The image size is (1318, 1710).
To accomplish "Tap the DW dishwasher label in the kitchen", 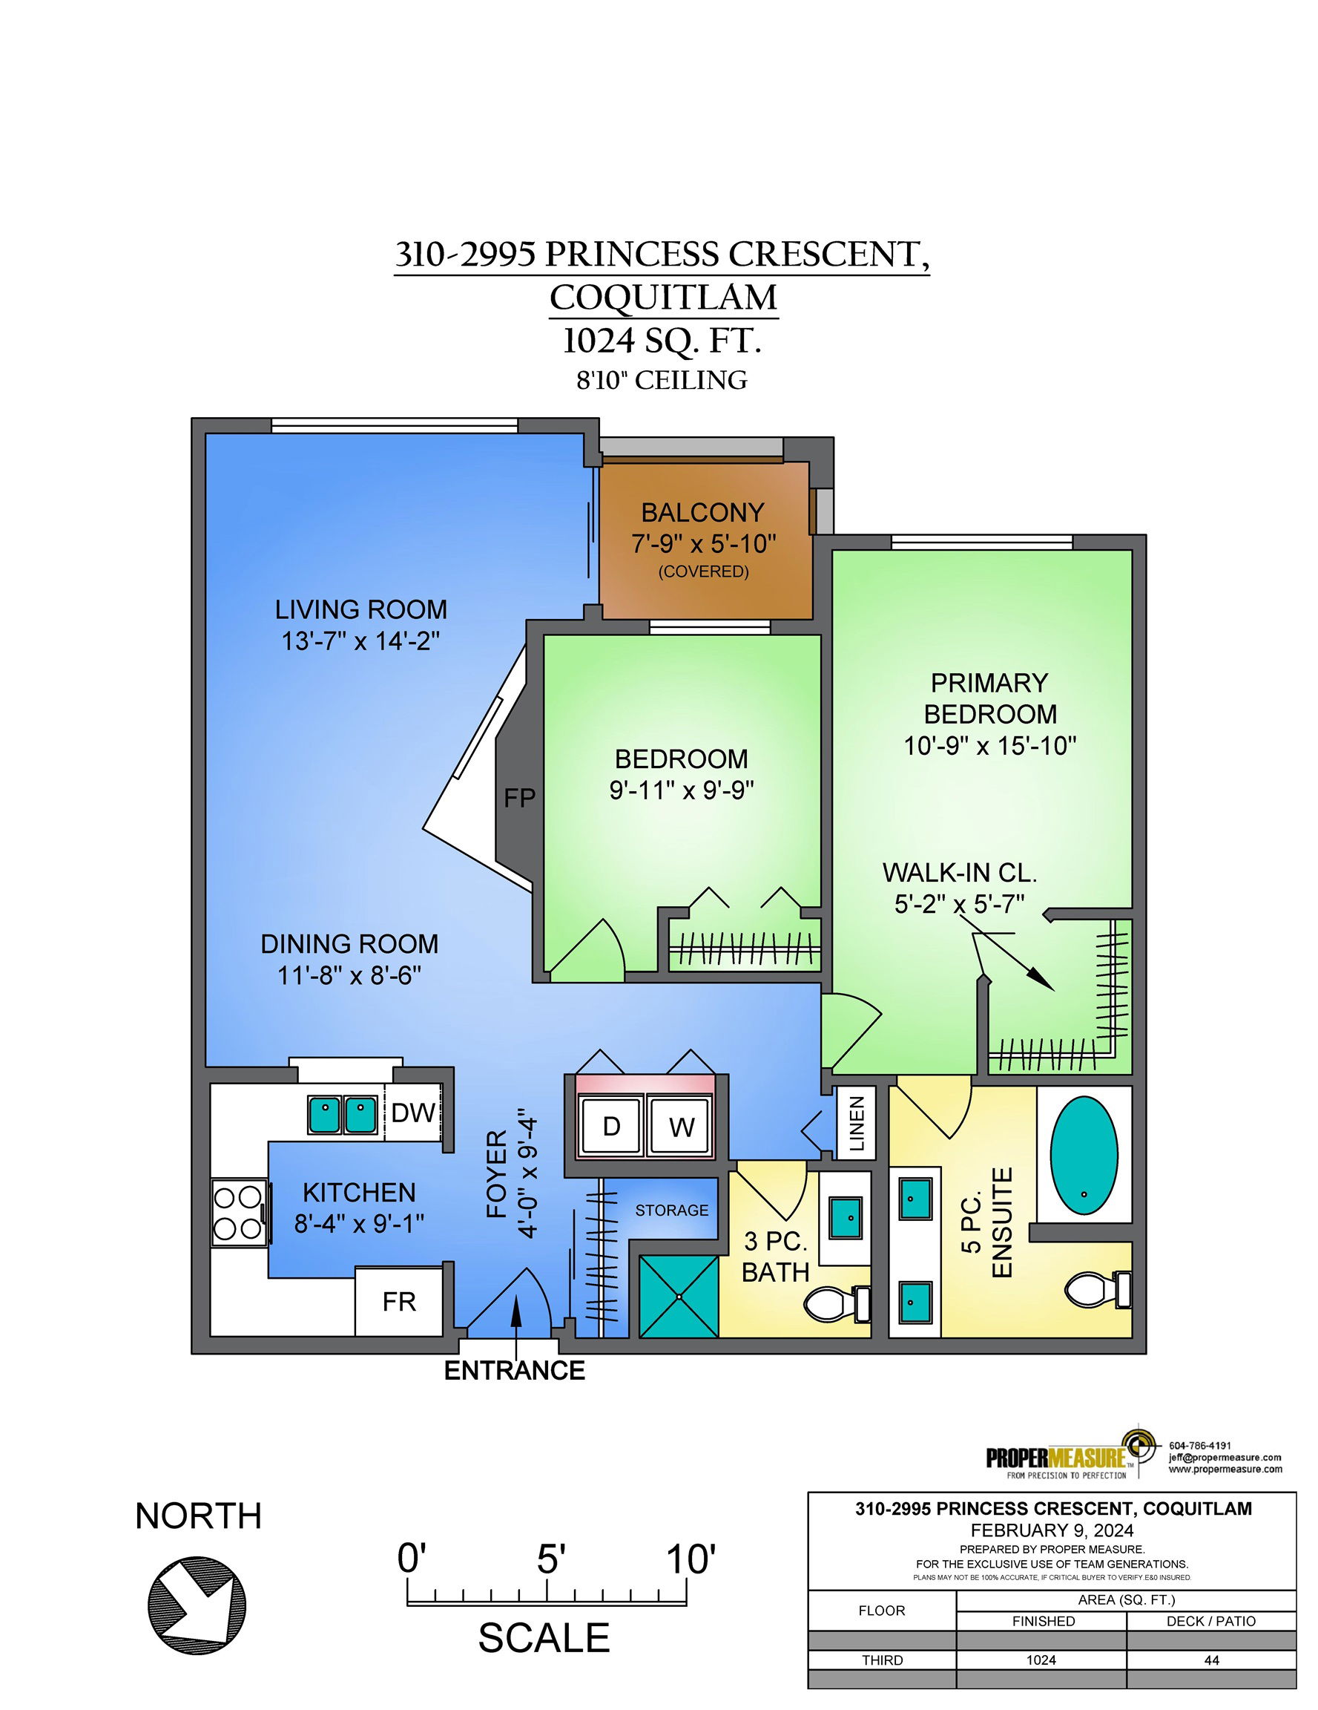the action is (412, 1113).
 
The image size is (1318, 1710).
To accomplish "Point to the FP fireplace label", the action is (520, 798).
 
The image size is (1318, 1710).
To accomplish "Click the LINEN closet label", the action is (857, 1124).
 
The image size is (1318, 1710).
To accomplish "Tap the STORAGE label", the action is (671, 1210).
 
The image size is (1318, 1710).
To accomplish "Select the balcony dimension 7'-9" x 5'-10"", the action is (704, 543).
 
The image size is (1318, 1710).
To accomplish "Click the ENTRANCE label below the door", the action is (514, 1370).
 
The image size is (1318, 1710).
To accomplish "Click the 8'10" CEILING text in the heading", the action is (662, 381).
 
